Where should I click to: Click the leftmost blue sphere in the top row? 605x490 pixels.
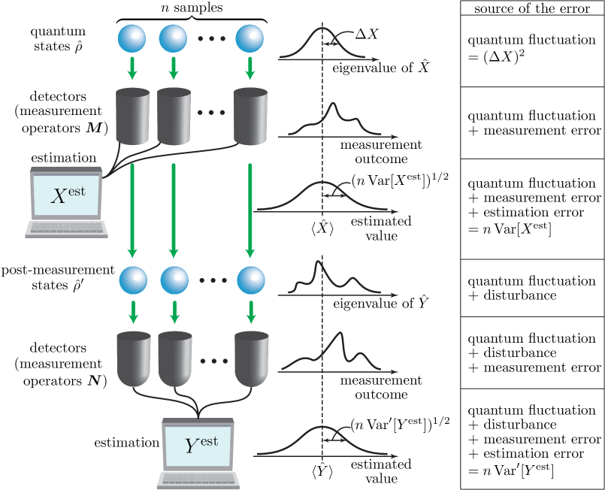(132, 38)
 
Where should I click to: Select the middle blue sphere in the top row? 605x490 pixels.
(173, 38)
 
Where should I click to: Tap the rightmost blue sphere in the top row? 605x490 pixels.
(250, 38)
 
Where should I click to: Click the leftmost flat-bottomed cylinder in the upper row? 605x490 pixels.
(132, 116)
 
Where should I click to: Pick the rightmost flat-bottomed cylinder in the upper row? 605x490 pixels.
(250, 116)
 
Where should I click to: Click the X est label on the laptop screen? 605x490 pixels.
(67, 195)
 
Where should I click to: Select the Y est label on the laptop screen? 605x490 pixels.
(201, 445)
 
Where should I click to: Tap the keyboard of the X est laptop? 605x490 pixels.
(66, 228)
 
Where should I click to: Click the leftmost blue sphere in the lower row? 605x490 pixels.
(133, 281)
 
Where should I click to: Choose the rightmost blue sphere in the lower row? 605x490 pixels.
(251, 281)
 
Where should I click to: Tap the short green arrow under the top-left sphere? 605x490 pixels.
(132, 68)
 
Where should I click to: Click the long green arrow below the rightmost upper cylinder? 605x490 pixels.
(250, 210)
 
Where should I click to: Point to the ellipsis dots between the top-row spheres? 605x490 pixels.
(211, 38)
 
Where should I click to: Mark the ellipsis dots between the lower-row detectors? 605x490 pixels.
(213, 361)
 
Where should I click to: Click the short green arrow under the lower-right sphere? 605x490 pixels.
(251, 311)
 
